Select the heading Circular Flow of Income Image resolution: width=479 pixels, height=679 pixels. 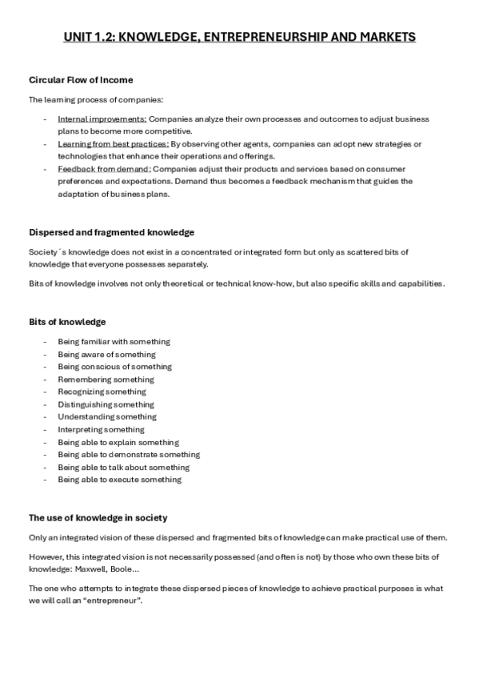[81, 80]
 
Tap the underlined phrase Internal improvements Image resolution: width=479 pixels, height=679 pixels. [96, 119]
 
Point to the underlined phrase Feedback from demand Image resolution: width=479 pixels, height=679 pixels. [104, 169]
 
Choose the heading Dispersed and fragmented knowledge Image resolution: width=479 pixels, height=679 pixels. [111, 232]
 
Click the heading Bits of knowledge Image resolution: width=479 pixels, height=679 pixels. [67, 322]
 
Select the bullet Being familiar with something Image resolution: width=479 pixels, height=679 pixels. [114, 342]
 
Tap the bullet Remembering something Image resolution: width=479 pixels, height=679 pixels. [106, 380]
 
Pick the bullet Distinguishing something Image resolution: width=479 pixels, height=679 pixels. [107, 404]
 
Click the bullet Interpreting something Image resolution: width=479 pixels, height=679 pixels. [101, 429]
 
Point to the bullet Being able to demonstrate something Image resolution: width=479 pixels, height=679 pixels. [129, 455]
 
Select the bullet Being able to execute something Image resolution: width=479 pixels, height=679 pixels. [119, 480]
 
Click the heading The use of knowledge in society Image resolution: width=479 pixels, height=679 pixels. [98, 518]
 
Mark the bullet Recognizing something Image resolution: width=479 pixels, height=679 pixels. [102, 392]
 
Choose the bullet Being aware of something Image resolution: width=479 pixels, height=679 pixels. [106, 355]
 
